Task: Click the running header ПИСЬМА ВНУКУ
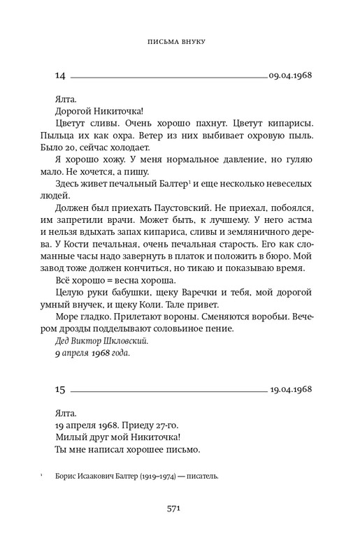(180, 41)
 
